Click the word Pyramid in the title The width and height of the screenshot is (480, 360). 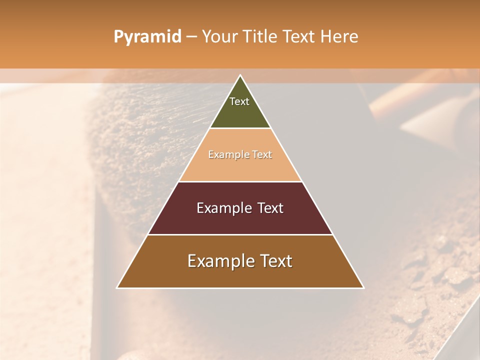(x=147, y=37)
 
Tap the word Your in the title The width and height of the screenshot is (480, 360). (x=220, y=37)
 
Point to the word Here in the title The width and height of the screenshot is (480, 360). (x=339, y=37)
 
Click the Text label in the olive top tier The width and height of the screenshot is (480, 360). (x=239, y=101)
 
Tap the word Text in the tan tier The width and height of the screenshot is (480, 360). (x=262, y=155)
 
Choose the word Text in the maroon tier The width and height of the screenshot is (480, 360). (x=270, y=208)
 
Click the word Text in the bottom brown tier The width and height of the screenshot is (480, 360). (x=276, y=261)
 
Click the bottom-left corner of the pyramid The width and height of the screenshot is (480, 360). (x=117, y=287)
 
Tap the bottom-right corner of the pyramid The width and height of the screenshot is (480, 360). (x=363, y=287)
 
